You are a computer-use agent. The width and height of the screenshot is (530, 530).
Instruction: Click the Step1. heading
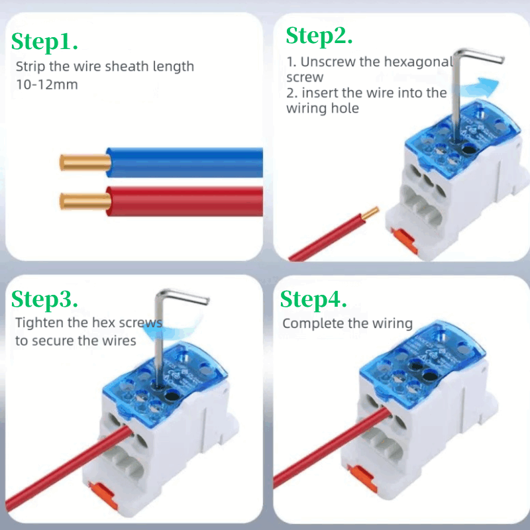45,42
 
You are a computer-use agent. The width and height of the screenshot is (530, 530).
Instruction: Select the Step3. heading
45,299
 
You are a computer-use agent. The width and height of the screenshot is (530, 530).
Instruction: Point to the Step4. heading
313,299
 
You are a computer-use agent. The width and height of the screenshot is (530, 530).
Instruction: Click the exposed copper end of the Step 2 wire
369,213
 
